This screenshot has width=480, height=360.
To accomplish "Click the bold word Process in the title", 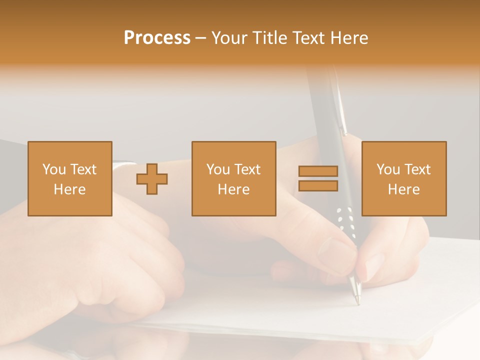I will (157, 38).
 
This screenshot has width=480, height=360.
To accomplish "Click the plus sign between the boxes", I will (152, 179).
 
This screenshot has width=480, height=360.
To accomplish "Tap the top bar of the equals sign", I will (318, 171).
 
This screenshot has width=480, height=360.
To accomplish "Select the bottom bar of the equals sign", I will (318, 186).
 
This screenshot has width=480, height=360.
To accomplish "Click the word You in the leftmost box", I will (54, 169).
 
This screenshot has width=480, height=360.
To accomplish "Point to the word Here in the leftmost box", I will (69, 189).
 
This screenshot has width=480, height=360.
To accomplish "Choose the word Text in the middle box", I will (247, 169).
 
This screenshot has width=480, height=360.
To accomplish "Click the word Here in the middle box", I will (233, 189).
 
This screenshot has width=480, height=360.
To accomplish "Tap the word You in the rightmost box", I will (388, 169).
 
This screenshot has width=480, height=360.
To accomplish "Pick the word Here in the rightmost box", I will (403, 189).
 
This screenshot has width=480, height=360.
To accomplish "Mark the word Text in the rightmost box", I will (417, 169).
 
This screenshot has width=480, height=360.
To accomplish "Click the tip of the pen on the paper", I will (357, 301).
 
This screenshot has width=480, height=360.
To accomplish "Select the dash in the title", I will (200, 38).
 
